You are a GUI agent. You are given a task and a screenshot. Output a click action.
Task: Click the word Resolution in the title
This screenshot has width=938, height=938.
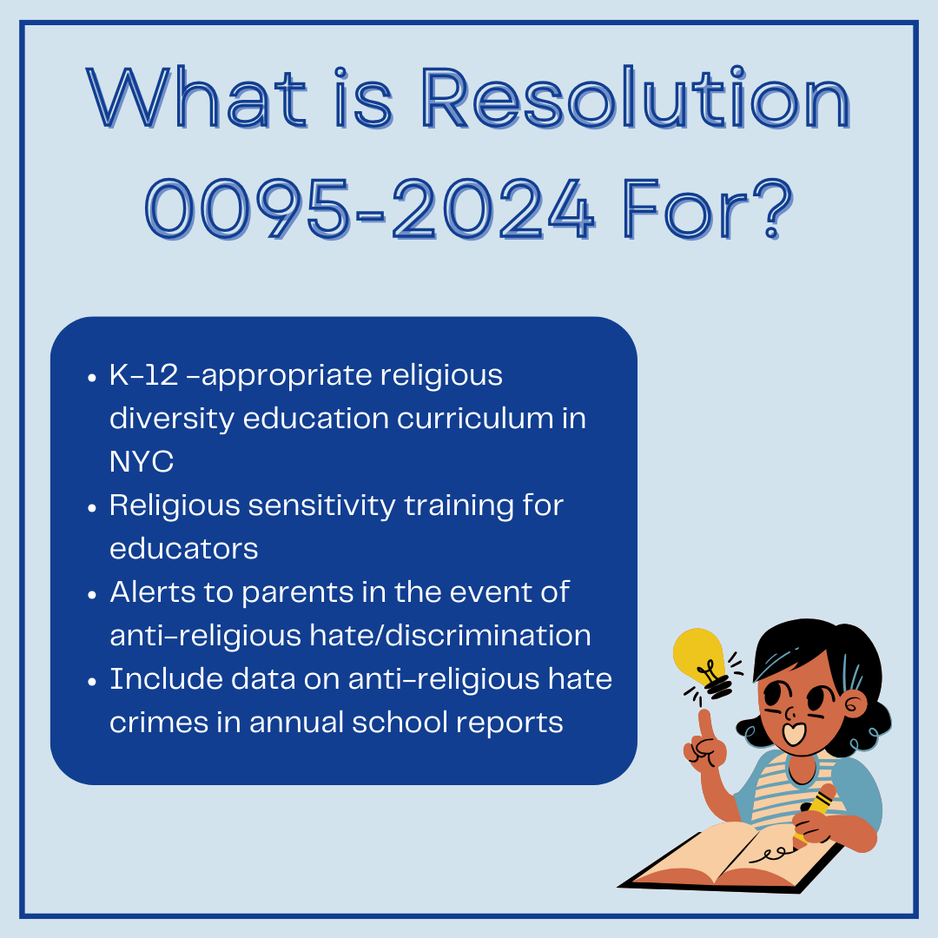(636, 102)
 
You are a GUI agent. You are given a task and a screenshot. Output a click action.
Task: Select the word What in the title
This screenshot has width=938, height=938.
(196, 102)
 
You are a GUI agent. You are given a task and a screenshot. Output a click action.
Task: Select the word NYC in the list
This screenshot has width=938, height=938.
(142, 462)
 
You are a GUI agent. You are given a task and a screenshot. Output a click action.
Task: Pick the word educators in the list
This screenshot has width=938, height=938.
(183, 549)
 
